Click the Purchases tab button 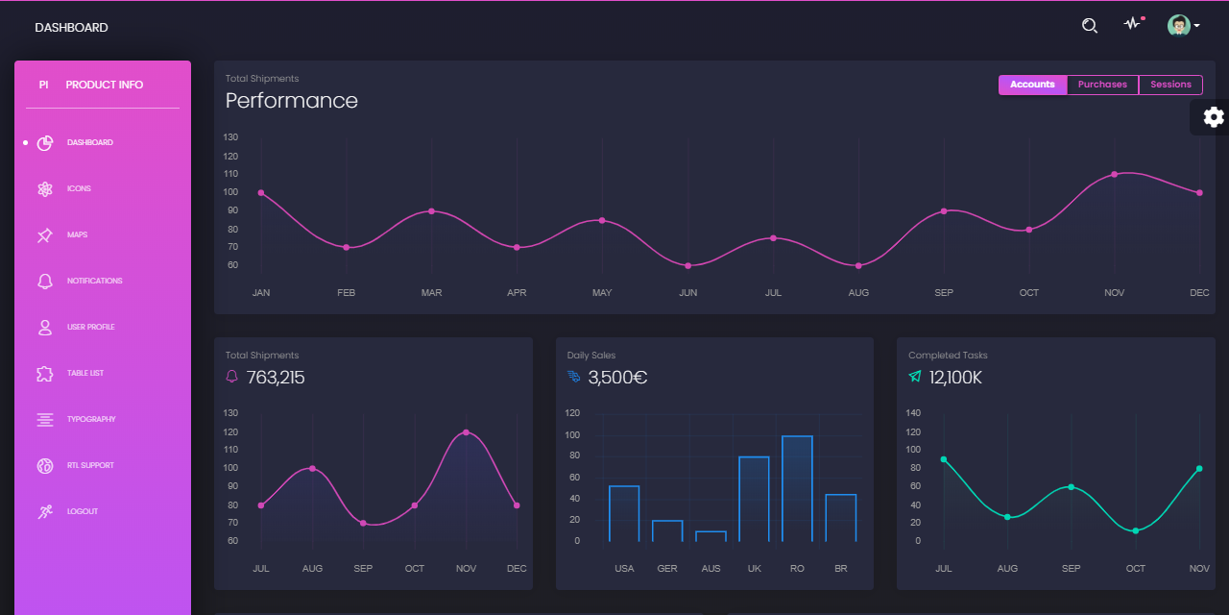1102,85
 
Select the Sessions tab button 1170,85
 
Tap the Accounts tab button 1032,85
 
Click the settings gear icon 1214,117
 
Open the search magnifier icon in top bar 1089,26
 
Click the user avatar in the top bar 1179,26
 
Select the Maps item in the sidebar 77,234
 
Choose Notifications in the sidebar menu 94,281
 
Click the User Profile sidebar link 90,327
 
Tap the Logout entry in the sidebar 82,511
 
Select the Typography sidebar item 90,419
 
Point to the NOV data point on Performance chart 1114,174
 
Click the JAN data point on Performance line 261,192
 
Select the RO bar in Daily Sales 797,488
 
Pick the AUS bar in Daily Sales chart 711,535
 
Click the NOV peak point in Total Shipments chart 466,432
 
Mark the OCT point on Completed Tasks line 1135,530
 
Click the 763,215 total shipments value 276,378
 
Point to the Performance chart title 292,101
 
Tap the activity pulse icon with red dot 1133,25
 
